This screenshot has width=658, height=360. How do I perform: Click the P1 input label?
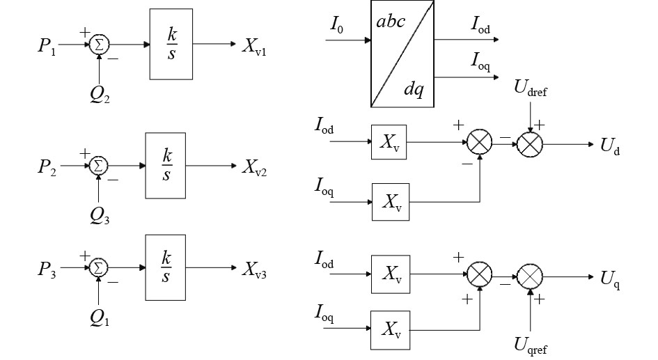pos(47,45)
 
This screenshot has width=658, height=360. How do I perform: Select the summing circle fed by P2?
pos(98,165)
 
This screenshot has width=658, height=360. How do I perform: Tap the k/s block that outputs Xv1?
pos(171,44)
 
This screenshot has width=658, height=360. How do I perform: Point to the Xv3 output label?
pos(254,269)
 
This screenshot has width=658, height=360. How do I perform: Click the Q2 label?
pos(100,95)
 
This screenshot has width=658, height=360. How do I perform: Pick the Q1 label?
pos(100,318)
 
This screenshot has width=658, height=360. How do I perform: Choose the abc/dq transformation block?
pos(402,54)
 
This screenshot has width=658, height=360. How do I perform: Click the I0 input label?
pos(336,25)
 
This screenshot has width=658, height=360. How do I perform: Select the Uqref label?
pos(531,345)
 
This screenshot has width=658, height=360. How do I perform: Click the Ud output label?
pos(610,146)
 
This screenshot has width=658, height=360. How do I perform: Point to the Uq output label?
pos(610,279)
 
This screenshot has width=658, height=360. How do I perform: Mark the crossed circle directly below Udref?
pos(530,144)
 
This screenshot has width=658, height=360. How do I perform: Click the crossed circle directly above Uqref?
pos(530,276)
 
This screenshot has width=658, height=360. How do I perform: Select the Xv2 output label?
pos(254,167)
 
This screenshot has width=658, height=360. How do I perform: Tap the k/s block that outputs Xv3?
pos(165,267)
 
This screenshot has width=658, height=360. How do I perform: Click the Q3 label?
pos(100,216)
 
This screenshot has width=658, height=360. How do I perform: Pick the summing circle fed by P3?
pos(98,267)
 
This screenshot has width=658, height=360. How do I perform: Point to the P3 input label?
pos(47,269)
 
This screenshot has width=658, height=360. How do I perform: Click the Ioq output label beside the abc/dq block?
pos(480,62)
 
